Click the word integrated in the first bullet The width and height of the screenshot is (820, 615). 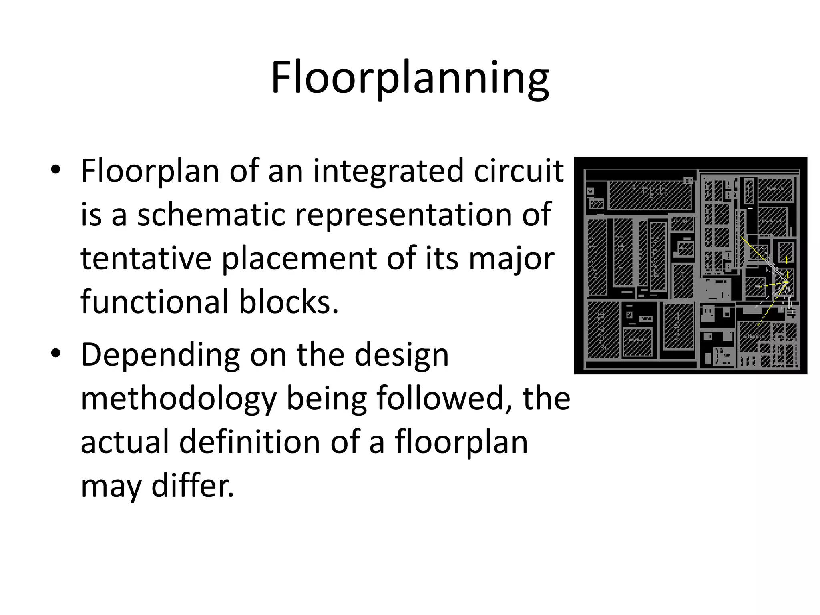click(x=388, y=171)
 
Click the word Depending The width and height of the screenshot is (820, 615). click(x=160, y=355)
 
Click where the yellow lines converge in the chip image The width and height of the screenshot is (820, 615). click(x=786, y=282)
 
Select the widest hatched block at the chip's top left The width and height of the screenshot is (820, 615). click(x=650, y=195)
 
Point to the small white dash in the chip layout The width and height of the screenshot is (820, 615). click(x=750, y=208)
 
